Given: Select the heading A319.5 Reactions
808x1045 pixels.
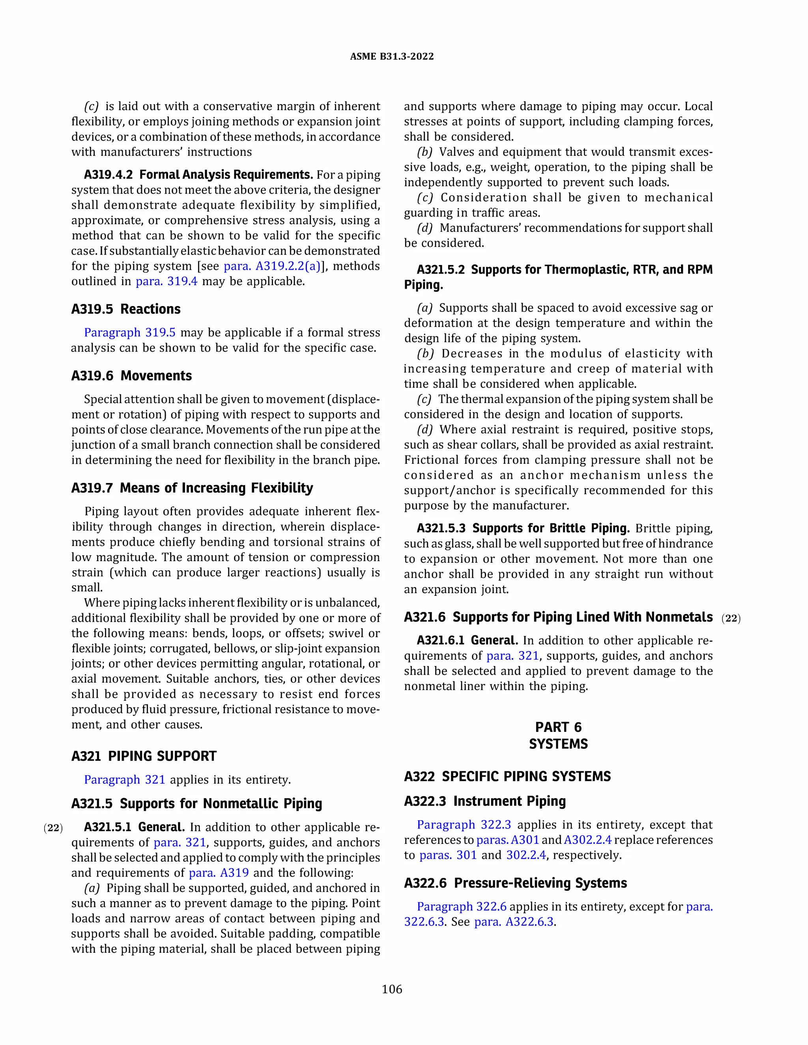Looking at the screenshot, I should coord(126,309).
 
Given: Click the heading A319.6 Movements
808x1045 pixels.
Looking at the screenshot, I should coord(132,375).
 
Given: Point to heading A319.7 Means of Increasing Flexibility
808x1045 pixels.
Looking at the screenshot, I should coord(192,488).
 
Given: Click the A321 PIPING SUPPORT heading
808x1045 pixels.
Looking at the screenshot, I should coord(144,756).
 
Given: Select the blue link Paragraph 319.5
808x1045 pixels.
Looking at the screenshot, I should coord(130,332).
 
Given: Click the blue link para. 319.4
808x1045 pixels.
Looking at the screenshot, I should coord(166,281).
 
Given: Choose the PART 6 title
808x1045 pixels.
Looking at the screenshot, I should coord(558,727).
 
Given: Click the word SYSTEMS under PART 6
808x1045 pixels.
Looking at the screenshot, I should coord(558,744).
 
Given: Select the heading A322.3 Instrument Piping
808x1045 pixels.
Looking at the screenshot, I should coord(484,801).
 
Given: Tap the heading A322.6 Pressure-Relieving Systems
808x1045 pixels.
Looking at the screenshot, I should coord(515,883).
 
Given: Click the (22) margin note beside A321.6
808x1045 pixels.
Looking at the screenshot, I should coord(731,618).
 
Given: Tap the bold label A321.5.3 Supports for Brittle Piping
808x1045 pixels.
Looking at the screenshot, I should coord(523,528).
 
